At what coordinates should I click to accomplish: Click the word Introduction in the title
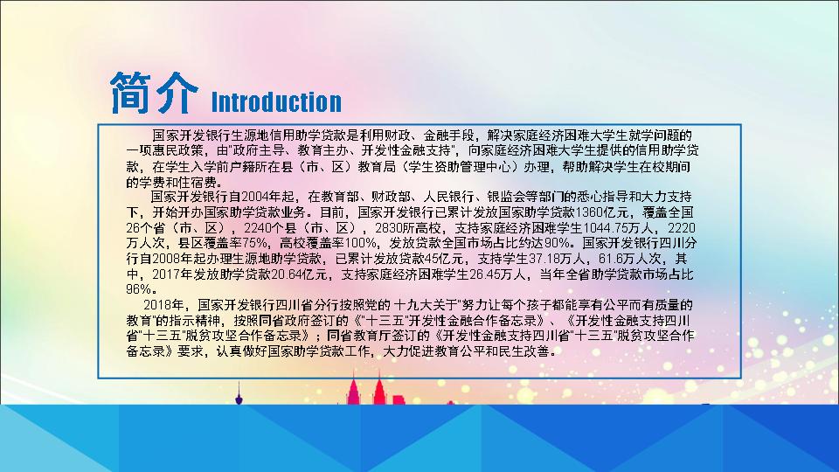[x=277, y=101]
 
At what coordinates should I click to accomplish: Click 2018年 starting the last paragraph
[x=166, y=305]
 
